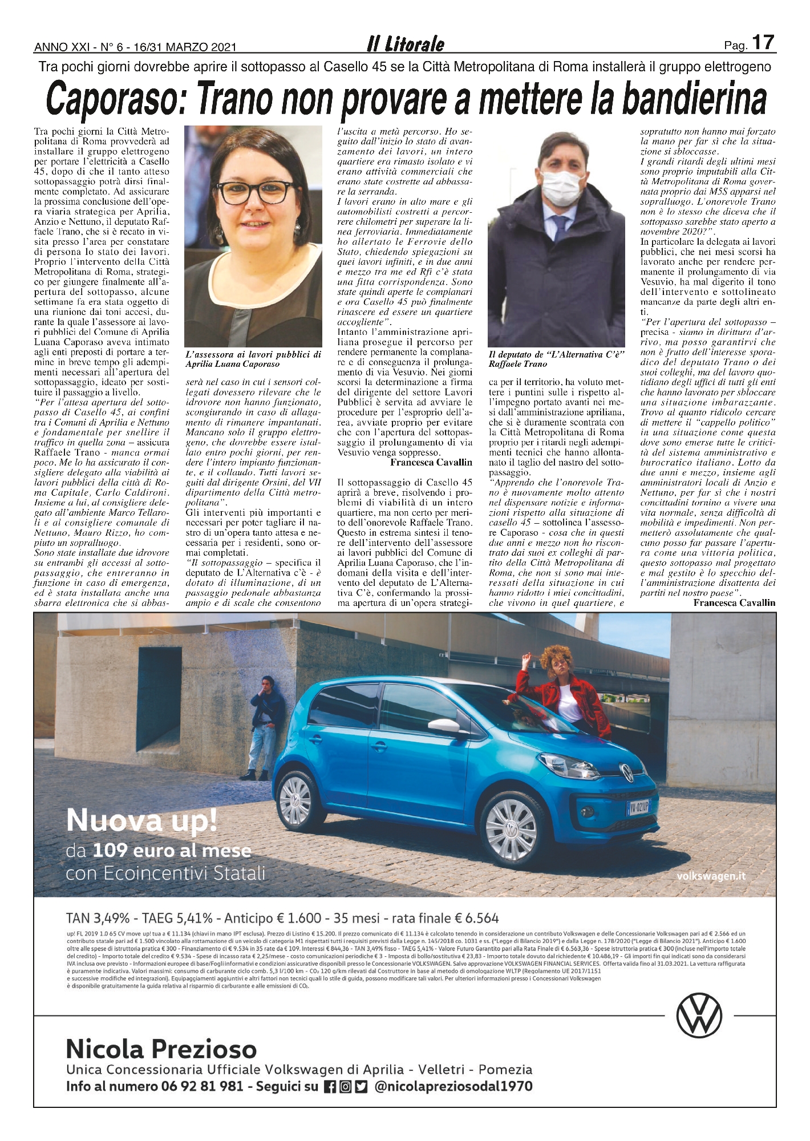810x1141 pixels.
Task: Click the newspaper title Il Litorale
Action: click(406, 45)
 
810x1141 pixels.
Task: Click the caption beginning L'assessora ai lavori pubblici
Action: click(253, 359)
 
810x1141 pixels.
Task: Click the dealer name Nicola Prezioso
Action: click(161, 1049)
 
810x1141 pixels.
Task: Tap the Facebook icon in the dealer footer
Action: click(328, 1087)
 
